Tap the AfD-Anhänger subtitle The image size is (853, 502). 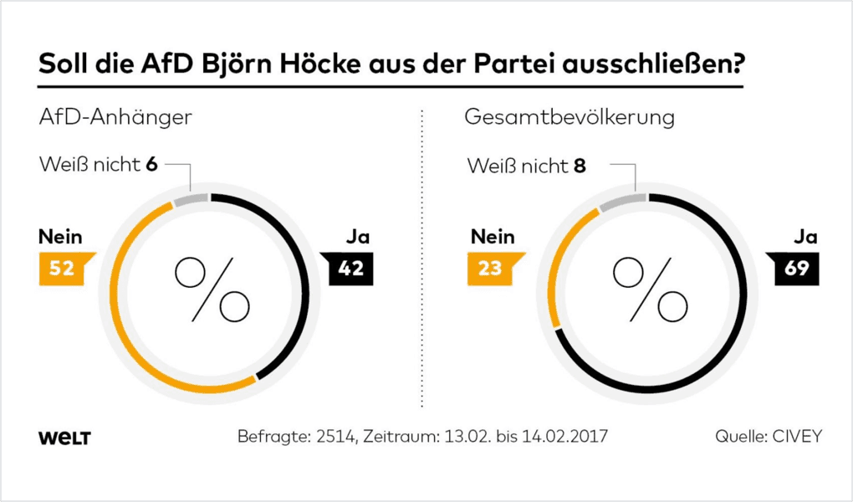[x=115, y=117]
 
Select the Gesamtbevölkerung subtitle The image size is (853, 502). [x=570, y=117]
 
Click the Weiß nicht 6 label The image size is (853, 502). [x=99, y=165]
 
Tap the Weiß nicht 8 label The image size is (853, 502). [x=527, y=166]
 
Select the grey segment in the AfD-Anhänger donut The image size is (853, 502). [x=192, y=199]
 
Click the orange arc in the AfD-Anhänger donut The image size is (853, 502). [x=134, y=335]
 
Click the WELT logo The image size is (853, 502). [x=64, y=438]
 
